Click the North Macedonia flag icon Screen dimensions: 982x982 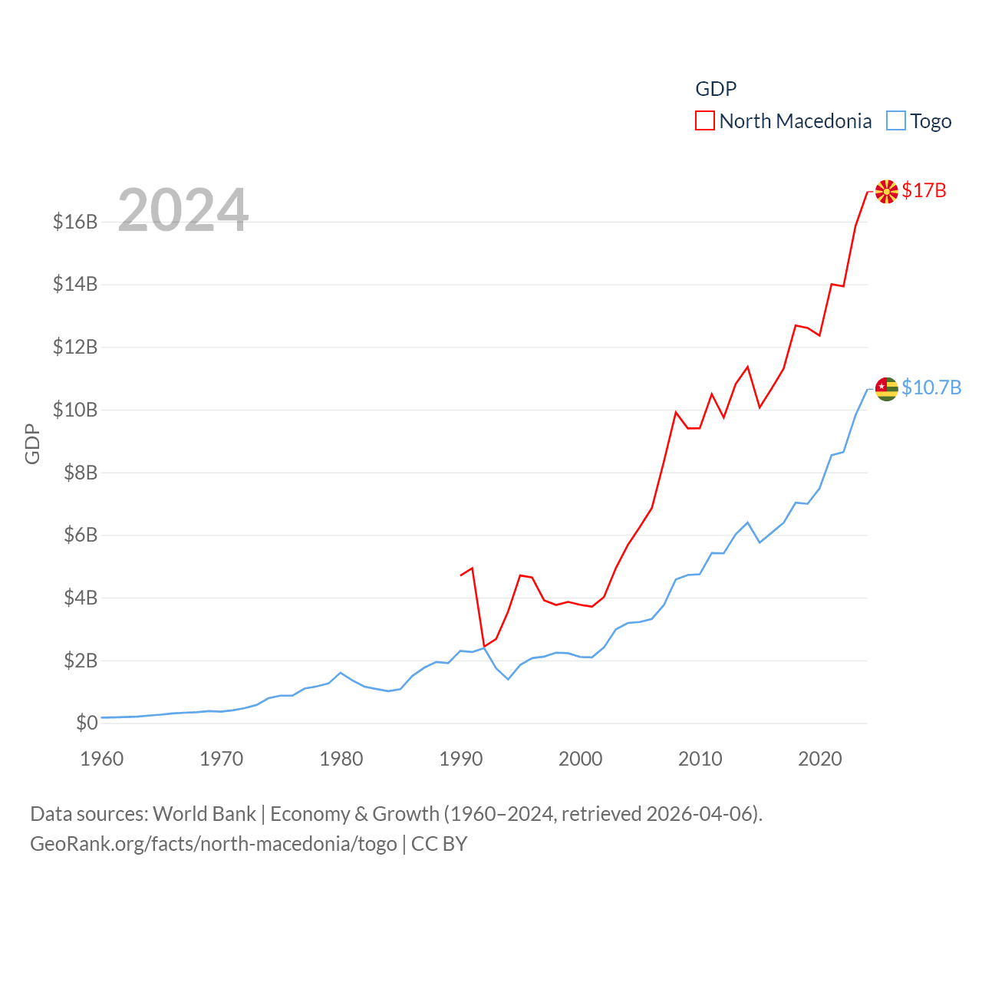pyautogui.click(x=886, y=192)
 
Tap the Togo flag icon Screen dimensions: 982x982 pyautogui.click(x=886, y=389)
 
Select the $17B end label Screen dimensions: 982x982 pyautogui.click(x=924, y=190)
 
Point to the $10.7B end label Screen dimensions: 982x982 pyautogui.click(x=931, y=387)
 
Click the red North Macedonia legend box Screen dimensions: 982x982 pyautogui.click(x=705, y=121)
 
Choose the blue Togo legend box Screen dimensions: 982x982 pyautogui.click(x=896, y=121)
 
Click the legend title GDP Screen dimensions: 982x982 pyautogui.click(x=716, y=89)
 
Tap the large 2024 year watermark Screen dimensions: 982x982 pyautogui.click(x=183, y=210)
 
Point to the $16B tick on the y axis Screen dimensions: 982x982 pyautogui.click(x=75, y=222)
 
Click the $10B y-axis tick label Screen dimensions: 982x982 pyautogui.click(x=75, y=410)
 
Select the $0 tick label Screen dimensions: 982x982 pyautogui.click(x=87, y=723)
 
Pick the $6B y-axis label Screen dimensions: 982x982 pyautogui.click(x=81, y=535)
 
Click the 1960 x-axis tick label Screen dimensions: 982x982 pyautogui.click(x=102, y=759)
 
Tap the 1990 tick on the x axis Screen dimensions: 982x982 pyautogui.click(x=461, y=759)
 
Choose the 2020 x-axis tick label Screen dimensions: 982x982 pyautogui.click(x=820, y=759)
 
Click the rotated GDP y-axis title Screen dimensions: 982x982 pyautogui.click(x=32, y=443)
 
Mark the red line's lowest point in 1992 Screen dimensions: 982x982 pyautogui.click(x=484, y=646)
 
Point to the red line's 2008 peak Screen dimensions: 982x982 pyautogui.click(x=676, y=413)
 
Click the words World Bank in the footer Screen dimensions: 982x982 pyautogui.click(x=204, y=813)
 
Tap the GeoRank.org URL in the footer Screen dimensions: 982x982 pyautogui.click(x=213, y=844)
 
